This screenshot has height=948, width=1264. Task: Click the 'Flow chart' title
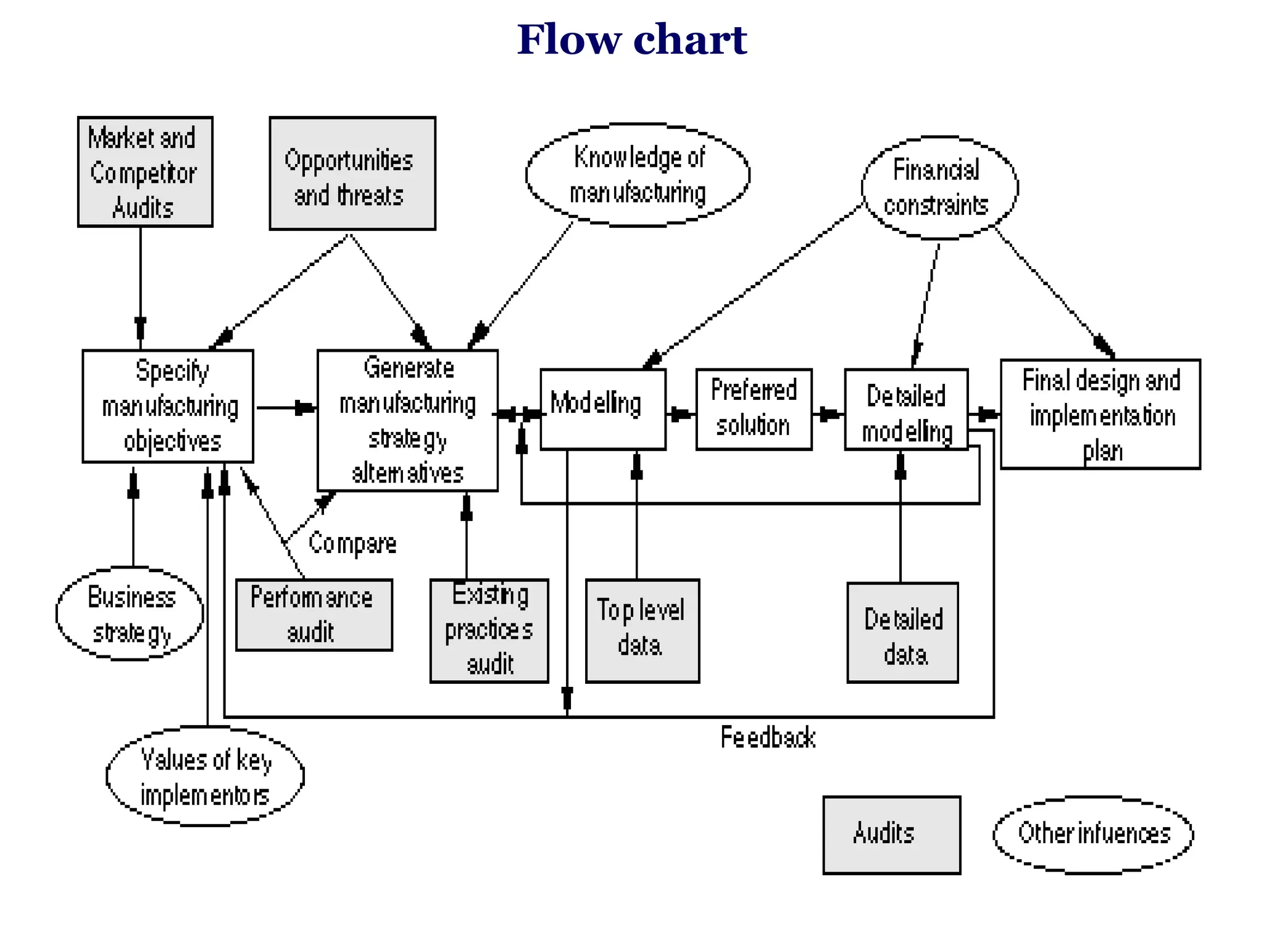click(631, 39)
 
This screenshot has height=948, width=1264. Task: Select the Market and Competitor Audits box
click(145, 172)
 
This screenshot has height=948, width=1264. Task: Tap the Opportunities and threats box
click(352, 173)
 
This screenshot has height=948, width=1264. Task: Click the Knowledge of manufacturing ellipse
click(638, 175)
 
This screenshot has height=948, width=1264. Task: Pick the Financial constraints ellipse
click(939, 188)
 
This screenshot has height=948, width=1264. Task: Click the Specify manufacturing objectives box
click(168, 406)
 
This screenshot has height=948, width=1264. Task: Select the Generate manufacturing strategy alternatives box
click(407, 420)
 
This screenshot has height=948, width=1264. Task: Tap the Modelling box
click(602, 409)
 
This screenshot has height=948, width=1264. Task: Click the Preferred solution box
click(754, 409)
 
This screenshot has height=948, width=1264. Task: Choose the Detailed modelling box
click(905, 409)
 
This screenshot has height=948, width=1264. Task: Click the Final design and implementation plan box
click(1100, 414)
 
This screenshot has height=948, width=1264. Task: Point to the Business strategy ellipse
click(130, 614)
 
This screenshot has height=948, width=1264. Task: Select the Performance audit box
click(314, 615)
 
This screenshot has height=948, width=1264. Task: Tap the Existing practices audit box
click(489, 630)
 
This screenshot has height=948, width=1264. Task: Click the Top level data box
click(642, 630)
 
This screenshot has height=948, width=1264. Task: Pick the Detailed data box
click(902, 632)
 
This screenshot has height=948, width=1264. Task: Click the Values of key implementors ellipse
click(205, 776)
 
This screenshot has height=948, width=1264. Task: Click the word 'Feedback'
click(768, 738)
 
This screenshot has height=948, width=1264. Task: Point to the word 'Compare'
click(352, 544)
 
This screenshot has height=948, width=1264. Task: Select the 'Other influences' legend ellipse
click(1093, 834)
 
